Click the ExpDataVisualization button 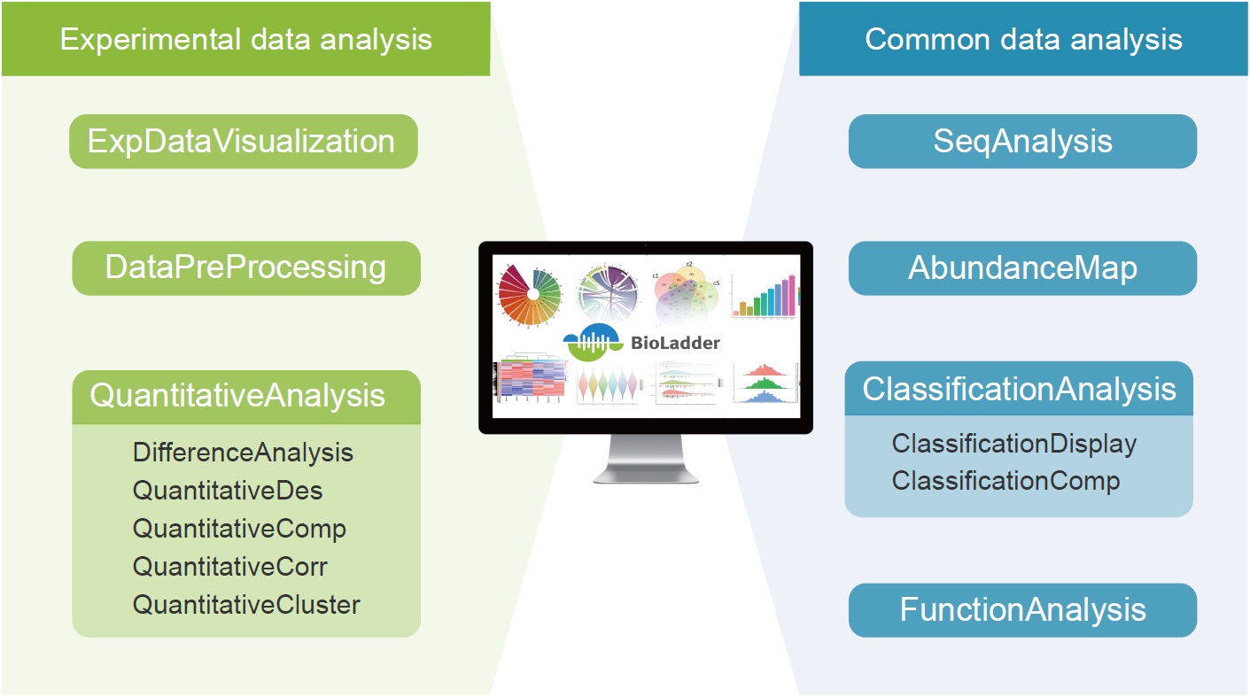[243, 142]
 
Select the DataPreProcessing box [245, 267]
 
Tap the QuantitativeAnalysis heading [237, 395]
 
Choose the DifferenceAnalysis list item [243, 453]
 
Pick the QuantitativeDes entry [228, 491]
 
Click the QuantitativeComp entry [239, 529]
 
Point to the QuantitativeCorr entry [230, 567]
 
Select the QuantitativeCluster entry [246, 605]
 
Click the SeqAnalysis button [1022, 142]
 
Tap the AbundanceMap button [1022, 267]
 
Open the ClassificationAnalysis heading [1019, 389]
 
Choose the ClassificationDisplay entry [1013, 443]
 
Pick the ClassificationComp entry [1005, 481]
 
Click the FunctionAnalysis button [1022, 609]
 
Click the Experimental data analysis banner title [246, 39]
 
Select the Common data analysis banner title [1023, 39]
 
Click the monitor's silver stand [645, 461]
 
